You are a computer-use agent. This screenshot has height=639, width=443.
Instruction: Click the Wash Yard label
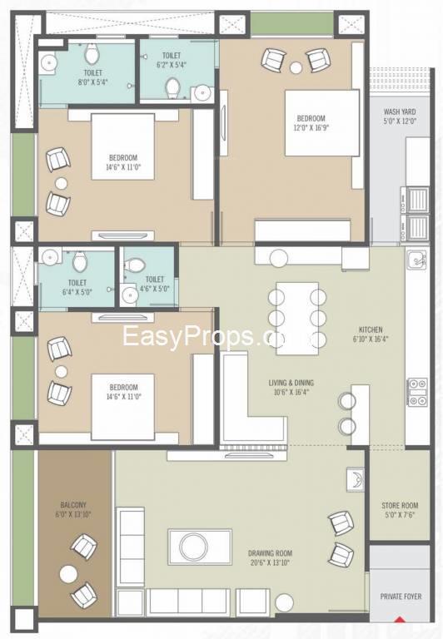[x=400, y=111]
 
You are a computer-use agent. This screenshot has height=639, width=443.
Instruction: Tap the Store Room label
[x=400, y=505]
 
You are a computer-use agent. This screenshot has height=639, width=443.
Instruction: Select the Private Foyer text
[x=401, y=597]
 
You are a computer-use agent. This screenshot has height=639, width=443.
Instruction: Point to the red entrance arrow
[x=401, y=620]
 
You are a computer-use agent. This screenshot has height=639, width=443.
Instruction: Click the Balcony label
[x=73, y=504]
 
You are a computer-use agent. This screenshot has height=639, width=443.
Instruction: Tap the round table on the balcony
[x=68, y=574]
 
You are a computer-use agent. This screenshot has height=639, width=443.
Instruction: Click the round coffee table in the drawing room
[x=194, y=547]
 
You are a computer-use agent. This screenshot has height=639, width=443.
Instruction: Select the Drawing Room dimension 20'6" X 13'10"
[x=270, y=562]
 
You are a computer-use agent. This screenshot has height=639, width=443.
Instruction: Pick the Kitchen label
[x=371, y=329]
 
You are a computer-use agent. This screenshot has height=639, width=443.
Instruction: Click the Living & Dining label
[x=291, y=383]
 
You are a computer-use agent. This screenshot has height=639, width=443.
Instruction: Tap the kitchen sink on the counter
[x=416, y=260]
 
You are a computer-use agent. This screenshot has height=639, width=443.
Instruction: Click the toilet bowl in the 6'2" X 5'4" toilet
[x=173, y=87]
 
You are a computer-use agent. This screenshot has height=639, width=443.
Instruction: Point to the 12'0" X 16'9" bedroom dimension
[x=311, y=127]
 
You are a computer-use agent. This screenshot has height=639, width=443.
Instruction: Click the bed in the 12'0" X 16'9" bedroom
[x=322, y=122]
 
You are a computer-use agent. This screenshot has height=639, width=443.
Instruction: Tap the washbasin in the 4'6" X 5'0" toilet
[x=130, y=295]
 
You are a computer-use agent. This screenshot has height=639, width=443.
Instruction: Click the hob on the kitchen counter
[x=418, y=392]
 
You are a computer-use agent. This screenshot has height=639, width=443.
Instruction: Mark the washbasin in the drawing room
[x=356, y=479]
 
